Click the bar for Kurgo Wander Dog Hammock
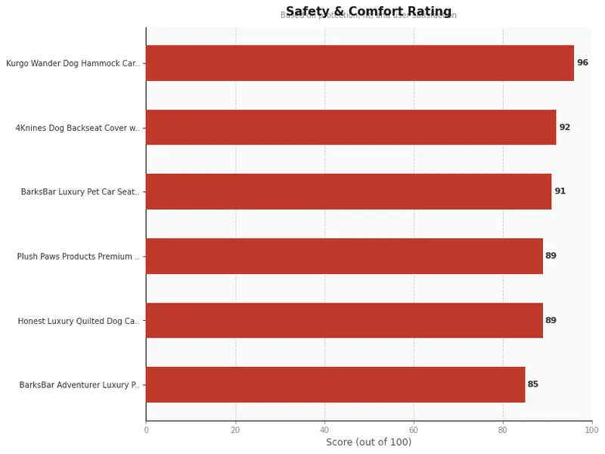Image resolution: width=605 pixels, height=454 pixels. (359, 63)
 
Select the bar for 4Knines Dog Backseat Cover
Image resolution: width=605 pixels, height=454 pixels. (351, 127)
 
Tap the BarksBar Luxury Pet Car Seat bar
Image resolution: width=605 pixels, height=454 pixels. (348, 191)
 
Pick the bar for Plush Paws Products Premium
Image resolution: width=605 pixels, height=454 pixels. (344, 256)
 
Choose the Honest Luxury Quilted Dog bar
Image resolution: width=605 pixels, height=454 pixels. (344, 320)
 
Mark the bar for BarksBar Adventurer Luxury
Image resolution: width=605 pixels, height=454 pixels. (335, 384)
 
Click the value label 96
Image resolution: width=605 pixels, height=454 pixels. (582, 63)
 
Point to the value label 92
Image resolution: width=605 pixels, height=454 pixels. (565, 127)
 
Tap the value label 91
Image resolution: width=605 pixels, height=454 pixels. (560, 191)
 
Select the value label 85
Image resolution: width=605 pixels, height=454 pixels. (533, 384)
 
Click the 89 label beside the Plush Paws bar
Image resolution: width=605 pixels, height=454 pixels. (551, 256)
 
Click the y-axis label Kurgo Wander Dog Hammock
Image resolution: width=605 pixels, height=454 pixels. (73, 64)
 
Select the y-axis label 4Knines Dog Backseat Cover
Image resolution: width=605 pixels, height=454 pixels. (77, 128)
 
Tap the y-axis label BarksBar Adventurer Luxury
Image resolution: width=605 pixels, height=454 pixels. (79, 385)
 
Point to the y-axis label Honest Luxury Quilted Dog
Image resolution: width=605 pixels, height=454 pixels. (79, 321)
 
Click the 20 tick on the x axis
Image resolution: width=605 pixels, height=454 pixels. (235, 430)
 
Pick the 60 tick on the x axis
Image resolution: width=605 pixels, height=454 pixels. (414, 430)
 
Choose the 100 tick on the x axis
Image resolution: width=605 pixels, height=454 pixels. (591, 430)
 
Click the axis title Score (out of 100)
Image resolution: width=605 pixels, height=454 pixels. (368, 443)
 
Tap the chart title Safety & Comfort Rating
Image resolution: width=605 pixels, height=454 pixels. (368, 11)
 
